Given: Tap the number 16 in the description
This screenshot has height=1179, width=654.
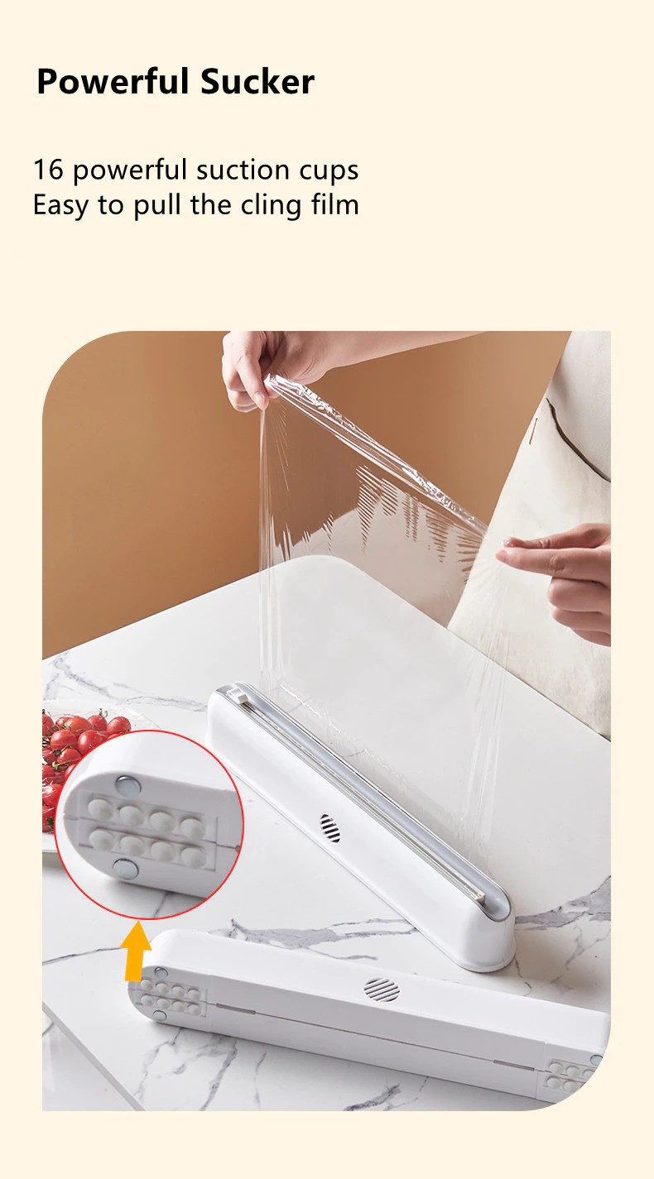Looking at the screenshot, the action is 48,170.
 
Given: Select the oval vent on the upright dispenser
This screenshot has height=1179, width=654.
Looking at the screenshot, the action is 329,828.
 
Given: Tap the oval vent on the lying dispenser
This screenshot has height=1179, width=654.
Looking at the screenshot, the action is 382,990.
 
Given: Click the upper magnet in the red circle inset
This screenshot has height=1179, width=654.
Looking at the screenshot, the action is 128,786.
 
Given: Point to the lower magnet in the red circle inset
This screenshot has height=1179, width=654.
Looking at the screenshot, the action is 125,869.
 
